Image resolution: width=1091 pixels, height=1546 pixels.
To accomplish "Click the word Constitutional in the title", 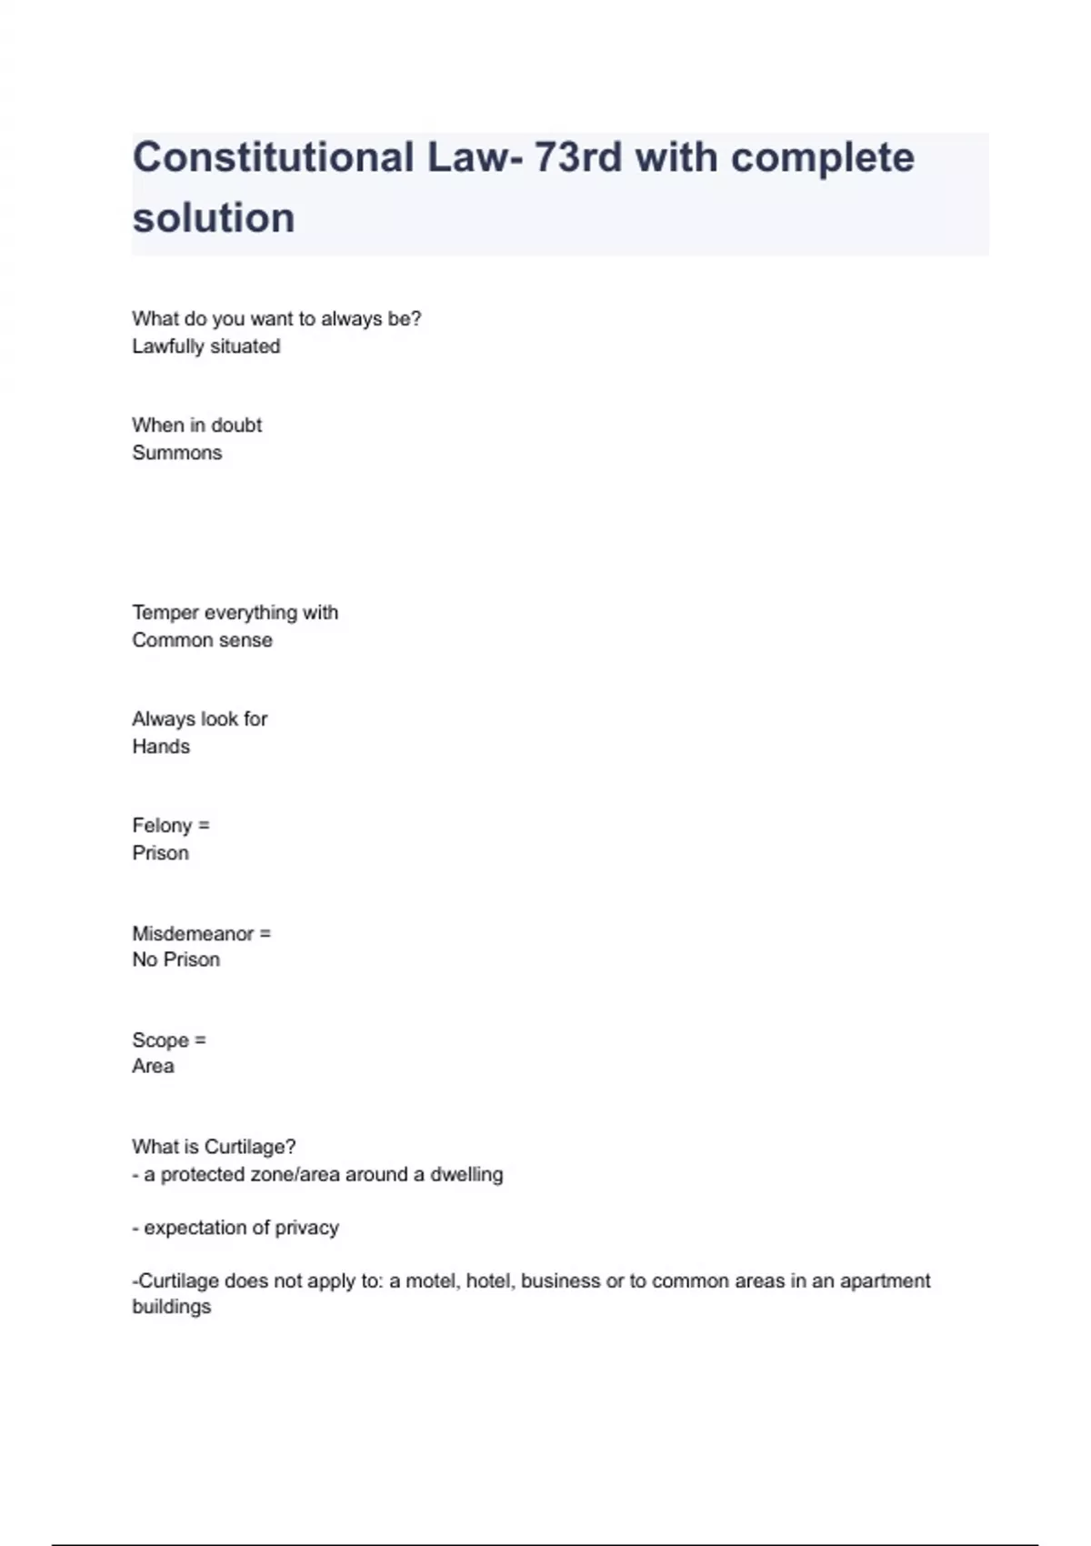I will point(273,158).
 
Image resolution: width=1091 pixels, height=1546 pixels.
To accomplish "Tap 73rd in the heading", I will point(577,158).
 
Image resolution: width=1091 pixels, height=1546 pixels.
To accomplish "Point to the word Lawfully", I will point(168,346).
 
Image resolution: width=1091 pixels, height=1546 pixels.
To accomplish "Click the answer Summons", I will point(177,453).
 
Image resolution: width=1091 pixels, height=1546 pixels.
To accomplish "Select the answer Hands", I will point(161,747).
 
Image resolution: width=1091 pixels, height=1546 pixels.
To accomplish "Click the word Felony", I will point(162,826).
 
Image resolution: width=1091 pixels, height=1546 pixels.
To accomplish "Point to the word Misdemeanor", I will point(193,934).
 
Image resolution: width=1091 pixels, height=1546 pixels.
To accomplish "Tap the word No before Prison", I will point(145,959).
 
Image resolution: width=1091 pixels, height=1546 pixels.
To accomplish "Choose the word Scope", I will point(160,1040).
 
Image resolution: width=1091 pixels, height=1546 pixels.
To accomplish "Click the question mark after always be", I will point(416,318).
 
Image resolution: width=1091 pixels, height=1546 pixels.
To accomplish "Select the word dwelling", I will point(466,1174).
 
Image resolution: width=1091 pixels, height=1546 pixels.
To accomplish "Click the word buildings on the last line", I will point(172,1307).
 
